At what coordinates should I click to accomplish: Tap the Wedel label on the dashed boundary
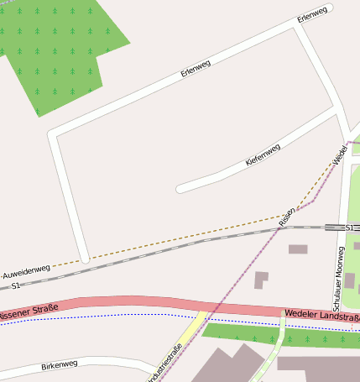pyautogui.click(x=339, y=155)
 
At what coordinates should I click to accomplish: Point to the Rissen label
pyautogui.click(x=288, y=217)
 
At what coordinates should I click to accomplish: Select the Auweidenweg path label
pyautogui.click(x=25, y=272)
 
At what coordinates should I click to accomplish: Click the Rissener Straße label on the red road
pyautogui.click(x=29, y=312)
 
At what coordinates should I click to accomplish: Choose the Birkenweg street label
pyautogui.click(x=59, y=366)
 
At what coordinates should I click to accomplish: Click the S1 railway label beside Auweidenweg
pyautogui.click(x=15, y=286)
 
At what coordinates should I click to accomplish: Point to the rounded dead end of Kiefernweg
pyautogui.click(x=180, y=189)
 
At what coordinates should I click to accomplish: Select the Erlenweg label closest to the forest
pyautogui.click(x=196, y=68)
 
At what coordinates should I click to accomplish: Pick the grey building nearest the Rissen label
pyautogui.click(x=298, y=249)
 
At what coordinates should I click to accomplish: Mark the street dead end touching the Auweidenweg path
pyautogui.click(x=84, y=258)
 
